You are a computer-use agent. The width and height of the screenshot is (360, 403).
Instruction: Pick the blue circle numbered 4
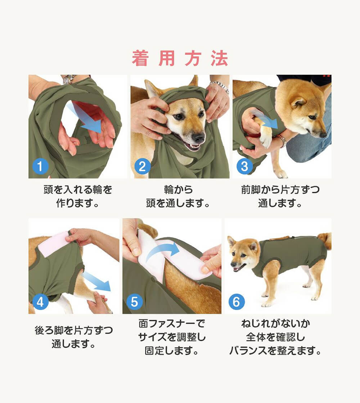coord(40,302)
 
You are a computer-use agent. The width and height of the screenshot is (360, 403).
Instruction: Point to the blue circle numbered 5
coord(134,302)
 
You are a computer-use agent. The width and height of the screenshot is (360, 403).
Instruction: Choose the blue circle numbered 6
coord(236,302)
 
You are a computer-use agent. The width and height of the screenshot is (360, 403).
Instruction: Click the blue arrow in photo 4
coord(97,282)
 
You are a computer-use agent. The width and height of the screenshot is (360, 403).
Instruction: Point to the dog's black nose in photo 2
coord(198,138)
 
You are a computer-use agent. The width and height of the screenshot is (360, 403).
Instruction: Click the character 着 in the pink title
coord(140,58)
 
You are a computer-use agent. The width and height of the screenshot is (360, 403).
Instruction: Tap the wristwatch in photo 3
coord(281,140)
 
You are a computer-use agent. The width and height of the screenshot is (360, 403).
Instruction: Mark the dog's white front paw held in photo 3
coord(266,135)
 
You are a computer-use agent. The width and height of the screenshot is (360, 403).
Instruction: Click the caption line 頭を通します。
coord(178,203)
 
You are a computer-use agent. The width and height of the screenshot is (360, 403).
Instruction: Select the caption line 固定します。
coord(171,350)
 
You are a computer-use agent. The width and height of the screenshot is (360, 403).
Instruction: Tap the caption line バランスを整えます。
coord(275,350)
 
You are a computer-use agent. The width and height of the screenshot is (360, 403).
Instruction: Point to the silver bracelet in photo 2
coord(220,86)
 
